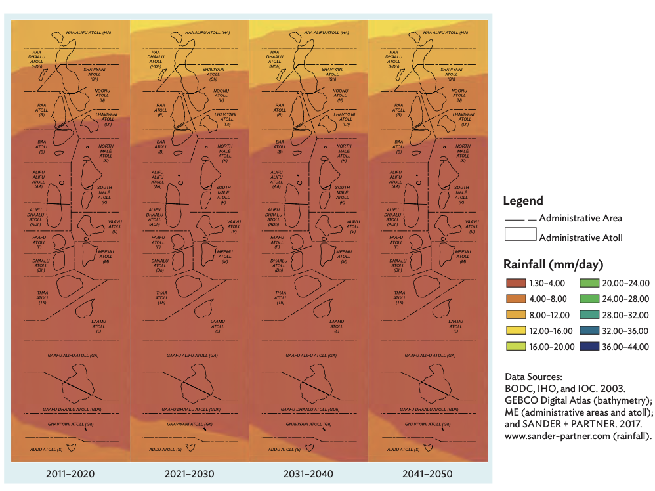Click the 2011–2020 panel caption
tap(70, 473)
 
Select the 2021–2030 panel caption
tap(190, 473)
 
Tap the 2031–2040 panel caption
tap(308, 473)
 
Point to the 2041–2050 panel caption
tap(428, 473)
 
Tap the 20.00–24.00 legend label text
tap(625, 283)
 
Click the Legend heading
tap(523, 201)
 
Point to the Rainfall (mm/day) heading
tap(553, 265)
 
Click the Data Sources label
tap(533, 377)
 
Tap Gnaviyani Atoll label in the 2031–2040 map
tap(308, 424)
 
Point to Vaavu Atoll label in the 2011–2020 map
tap(114, 226)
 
